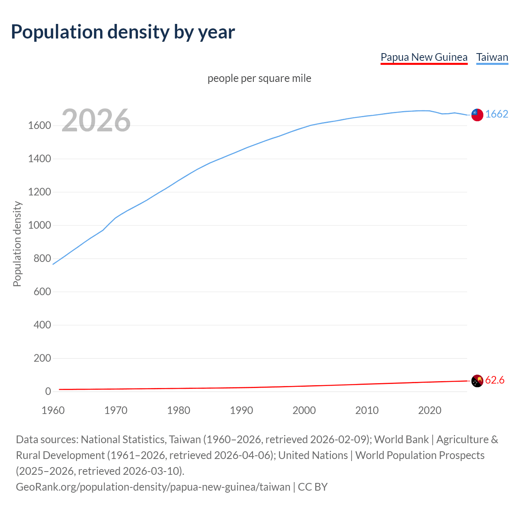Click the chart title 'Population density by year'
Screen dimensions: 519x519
(x=123, y=32)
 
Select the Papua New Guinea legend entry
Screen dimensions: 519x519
(x=424, y=57)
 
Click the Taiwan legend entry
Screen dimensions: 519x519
(x=492, y=57)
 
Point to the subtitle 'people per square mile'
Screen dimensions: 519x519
(x=259, y=78)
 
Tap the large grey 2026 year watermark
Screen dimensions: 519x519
(x=96, y=120)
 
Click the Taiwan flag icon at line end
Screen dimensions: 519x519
(x=477, y=115)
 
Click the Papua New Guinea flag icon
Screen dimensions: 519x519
(x=477, y=381)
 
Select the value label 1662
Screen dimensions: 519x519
(x=497, y=114)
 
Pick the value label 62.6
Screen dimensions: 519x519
(x=495, y=380)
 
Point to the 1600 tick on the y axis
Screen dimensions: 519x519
(x=39, y=126)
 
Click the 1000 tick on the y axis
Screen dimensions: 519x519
(x=39, y=225)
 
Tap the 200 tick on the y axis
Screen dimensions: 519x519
(x=42, y=358)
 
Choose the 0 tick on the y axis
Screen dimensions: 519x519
(x=48, y=392)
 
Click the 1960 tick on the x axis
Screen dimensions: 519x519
(x=53, y=410)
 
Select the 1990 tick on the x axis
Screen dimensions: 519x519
(x=241, y=410)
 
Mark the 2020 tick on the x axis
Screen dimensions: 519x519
(x=429, y=410)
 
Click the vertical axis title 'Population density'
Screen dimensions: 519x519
(x=17, y=244)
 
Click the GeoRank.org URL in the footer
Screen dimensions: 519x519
(x=153, y=487)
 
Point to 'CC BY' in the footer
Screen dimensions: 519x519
(x=313, y=487)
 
